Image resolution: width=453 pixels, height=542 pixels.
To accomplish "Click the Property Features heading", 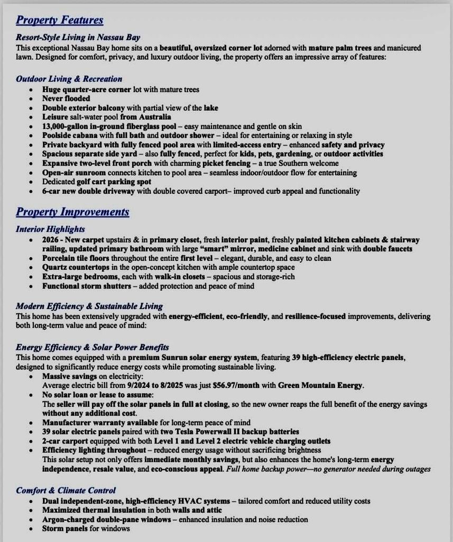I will [59, 20].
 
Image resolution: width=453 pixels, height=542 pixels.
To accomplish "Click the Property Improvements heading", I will [72, 212].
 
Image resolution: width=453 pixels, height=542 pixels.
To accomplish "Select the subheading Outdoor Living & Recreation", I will [69, 79].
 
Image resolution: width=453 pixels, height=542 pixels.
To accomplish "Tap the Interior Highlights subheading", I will [50, 229].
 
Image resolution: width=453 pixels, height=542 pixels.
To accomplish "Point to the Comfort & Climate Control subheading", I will [66, 491].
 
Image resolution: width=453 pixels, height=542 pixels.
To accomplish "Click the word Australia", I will [154, 117].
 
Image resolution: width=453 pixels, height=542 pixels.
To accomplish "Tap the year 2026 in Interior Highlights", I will [52, 240].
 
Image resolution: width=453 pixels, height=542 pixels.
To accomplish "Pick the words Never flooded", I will [66, 98].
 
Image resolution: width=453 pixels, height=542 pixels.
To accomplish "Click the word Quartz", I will [54, 267].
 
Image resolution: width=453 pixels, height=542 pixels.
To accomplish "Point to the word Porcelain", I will [60, 258].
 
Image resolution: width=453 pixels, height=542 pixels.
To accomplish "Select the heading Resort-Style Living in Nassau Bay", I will [78, 38].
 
